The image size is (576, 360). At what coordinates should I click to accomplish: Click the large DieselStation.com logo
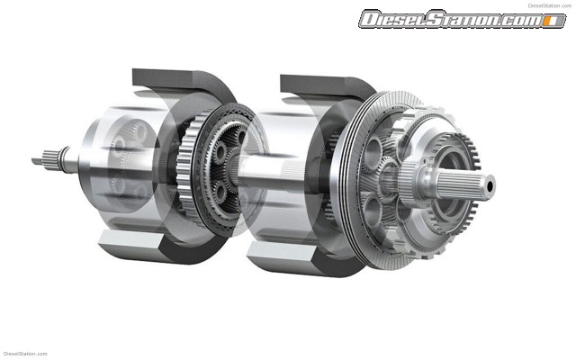[462, 19]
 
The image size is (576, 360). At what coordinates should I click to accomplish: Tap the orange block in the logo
[550, 21]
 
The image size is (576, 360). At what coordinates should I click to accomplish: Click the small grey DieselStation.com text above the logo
[550, 5]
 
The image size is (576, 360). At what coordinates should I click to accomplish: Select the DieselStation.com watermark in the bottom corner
[25, 354]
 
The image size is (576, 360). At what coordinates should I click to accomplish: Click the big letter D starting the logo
[371, 19]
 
